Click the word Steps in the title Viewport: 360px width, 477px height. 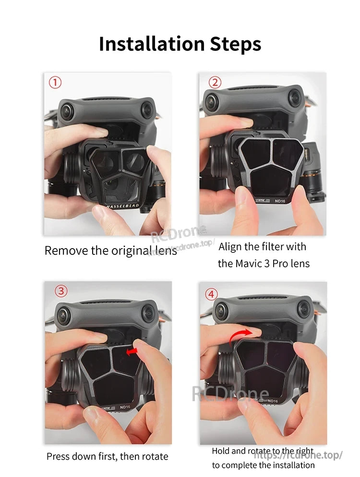click(236, 44)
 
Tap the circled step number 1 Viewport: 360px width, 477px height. click(55, 83)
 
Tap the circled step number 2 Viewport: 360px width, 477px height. click(216, 83)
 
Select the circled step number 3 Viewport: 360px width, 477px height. click(60, 291)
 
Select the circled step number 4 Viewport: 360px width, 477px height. click(212, 294)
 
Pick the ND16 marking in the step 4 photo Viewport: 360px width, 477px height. click(273, 400)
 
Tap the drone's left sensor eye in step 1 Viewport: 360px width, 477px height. click(66, 112)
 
